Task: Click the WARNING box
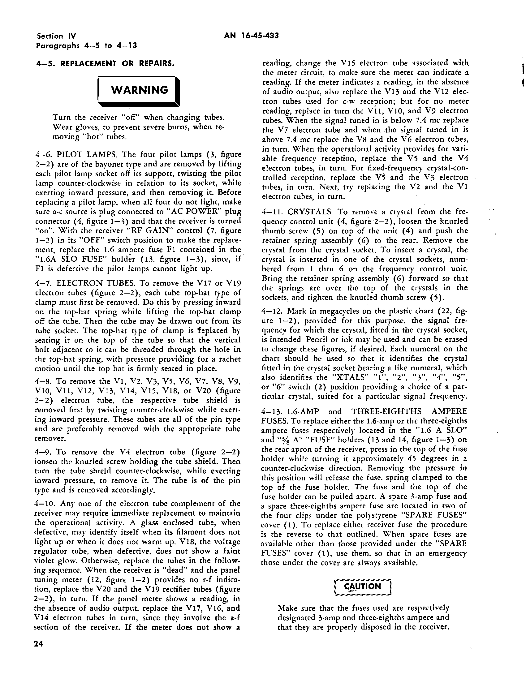139,90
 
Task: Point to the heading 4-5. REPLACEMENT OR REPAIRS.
105,64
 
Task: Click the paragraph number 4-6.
45,155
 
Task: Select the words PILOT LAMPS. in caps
87,155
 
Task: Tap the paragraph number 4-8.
45,381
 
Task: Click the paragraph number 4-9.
45,452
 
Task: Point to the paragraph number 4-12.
273,311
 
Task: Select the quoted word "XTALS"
348,378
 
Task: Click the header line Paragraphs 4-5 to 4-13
87,45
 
